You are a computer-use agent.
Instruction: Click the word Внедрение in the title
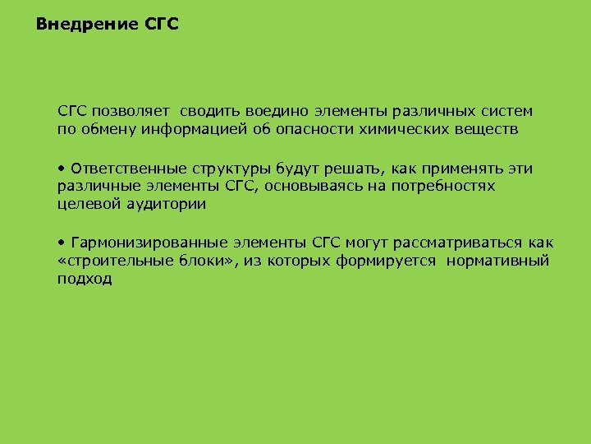coord(87,25)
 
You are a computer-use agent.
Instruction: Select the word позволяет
coord(131,111)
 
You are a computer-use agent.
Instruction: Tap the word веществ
coord(491,130)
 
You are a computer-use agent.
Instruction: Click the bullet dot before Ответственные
coord(62,169)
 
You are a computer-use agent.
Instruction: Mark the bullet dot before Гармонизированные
coord(62,243)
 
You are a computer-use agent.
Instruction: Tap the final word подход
coord(84,280)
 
